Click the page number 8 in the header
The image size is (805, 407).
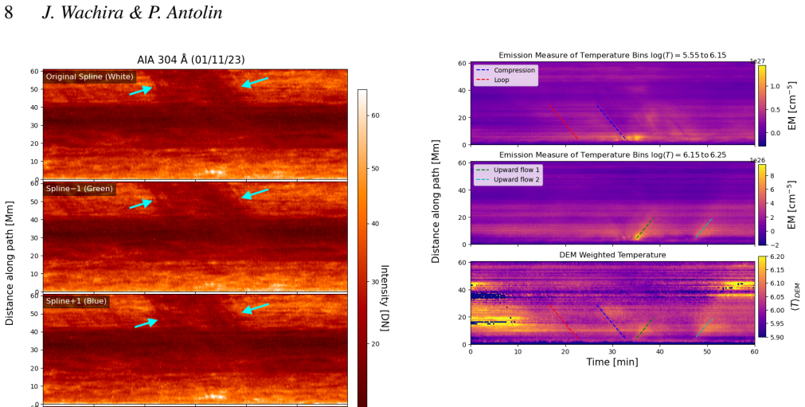(x=9, y=12)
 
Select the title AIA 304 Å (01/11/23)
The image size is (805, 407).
(x=191, y=60)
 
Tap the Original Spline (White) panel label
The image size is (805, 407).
(x=90, y=77)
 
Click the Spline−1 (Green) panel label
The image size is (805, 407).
(x=79, y=189)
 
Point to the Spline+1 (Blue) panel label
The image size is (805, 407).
(x=76, y=301)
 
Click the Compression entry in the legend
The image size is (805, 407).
(x=514, y=70)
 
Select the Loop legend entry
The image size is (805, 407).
(x=502, y=80)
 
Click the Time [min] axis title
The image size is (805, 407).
(x=612, y=362)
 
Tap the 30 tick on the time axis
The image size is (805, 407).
(x=612, y=351)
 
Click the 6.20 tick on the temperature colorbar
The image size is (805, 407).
(x=777, y=256)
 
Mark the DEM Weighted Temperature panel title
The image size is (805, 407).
(x=612, y=255)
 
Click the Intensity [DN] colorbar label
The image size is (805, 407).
(x=385, y=298)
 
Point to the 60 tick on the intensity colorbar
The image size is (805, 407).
(x=375, y=115)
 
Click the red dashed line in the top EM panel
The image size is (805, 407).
(x=564, y=122)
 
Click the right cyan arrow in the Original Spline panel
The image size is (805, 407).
(x=255, y=82)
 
